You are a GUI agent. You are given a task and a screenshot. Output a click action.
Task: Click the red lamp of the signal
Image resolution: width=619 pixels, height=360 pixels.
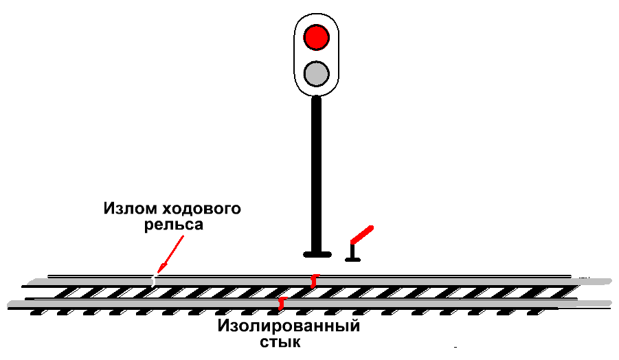[x=317, y=36]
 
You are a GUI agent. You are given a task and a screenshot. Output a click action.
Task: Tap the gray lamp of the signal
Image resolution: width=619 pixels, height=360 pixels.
[x=317, y=72]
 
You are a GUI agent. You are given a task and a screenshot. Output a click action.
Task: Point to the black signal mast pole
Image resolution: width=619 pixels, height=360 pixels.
[x=316, y=172]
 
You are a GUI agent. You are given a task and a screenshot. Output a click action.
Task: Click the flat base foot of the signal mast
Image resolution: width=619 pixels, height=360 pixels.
[x=316, y=254]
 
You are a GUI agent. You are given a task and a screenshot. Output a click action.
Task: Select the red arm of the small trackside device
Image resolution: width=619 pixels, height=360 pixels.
[x=362, y=234]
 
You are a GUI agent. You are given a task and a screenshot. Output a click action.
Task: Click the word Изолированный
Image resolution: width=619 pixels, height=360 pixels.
[x=289, y=326]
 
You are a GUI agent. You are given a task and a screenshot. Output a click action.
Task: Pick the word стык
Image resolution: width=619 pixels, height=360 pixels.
[x=280, y=341]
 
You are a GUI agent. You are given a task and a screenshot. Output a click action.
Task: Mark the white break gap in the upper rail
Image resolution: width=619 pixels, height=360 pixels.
[x=153, y=280]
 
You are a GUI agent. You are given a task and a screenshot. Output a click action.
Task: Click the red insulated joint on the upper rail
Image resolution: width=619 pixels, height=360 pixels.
[x=314, y=280]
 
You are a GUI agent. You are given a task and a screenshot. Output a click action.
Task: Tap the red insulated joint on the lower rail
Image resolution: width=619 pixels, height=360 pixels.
[x=281, y=302]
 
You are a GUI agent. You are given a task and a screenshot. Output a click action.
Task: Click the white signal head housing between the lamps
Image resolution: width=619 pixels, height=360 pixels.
[x=317, y=54]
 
